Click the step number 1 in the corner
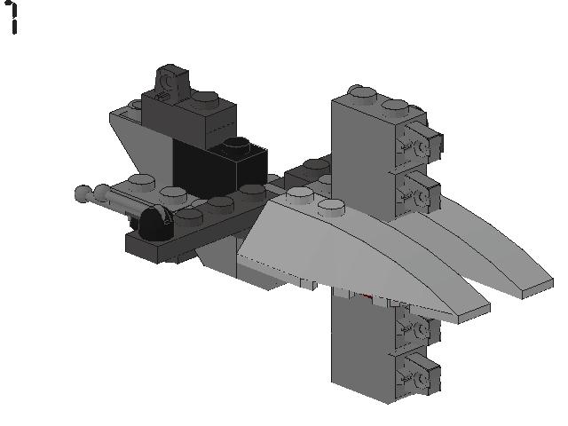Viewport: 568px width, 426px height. click(x=13, y=19)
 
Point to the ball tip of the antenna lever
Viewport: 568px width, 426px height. click(x=82, y=192)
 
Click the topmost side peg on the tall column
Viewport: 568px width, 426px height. click(x=421, y=138)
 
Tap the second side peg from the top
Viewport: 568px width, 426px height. click(x=421, y=188)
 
